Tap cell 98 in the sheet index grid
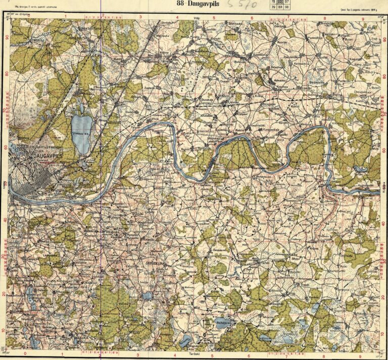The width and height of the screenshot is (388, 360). (286, 8)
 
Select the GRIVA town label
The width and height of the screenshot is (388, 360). (12, 205)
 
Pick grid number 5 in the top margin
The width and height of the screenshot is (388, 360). (214, 17)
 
